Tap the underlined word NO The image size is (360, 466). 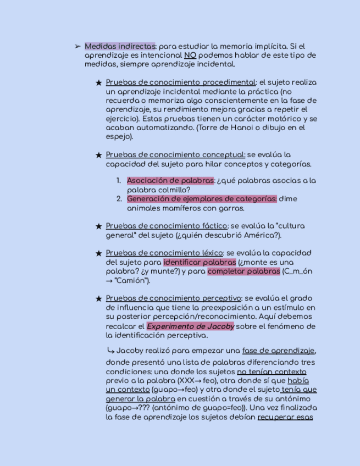click(x=190, y=56)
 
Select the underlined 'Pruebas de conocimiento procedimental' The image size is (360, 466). click(x=181, y=82)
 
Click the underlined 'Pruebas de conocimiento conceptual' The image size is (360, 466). click(x=175, y=155)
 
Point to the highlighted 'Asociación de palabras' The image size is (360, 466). click(x=170, y=181)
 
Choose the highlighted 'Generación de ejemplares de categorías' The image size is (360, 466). click(x=202, y=199)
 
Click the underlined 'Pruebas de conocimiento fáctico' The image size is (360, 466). click(x=167, y=226)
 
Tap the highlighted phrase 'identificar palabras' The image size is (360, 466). click(x=200, y=263)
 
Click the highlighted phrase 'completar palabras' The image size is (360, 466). click(x=244, y=271)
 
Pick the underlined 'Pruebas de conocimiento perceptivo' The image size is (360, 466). click(x=174, y=298)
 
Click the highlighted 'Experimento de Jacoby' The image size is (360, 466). click(x=190, y=326)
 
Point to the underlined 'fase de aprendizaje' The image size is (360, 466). click(x=279, y=351)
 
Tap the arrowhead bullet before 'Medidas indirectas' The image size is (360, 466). click(x=77, y=47)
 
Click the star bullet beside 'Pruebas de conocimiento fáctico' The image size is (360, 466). click(x=99, y=226)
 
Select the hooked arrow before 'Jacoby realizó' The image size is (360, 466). click(x=110, y=350)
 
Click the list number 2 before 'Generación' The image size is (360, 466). click(x=119, y=199)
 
